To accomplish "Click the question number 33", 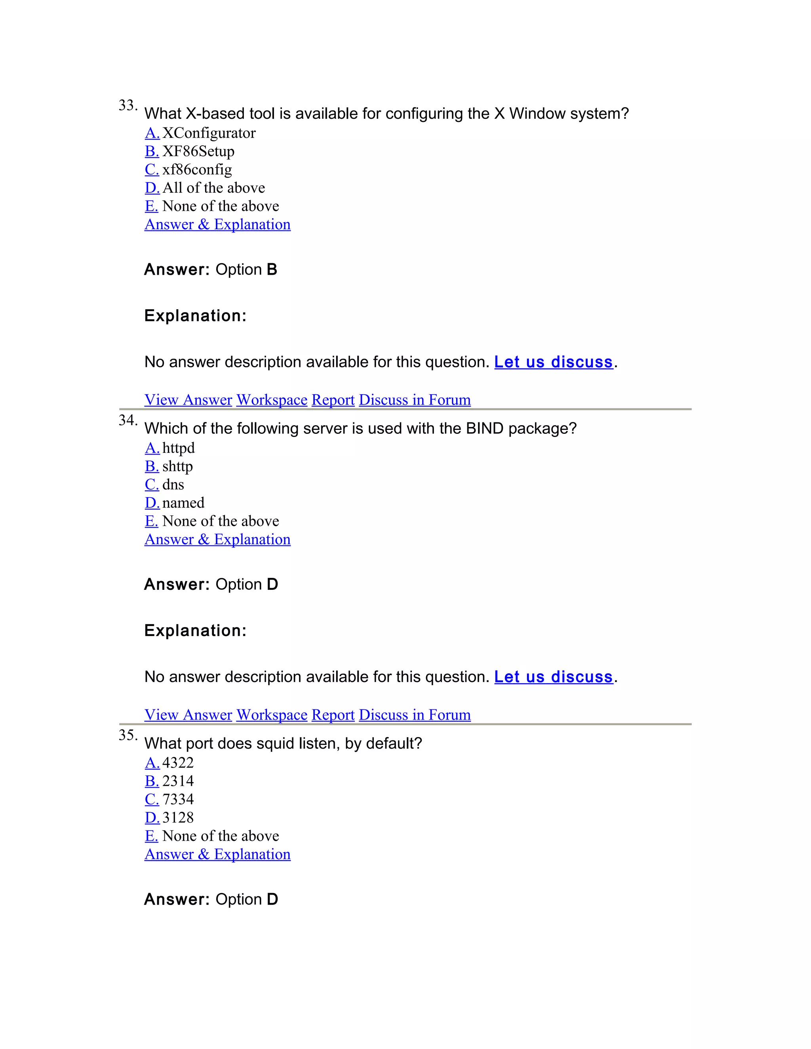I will point(128,105).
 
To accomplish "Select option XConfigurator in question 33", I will point(209,133).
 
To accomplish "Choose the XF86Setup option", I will point(198,151).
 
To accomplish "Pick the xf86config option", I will point(197,169).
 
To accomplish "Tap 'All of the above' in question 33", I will point(213,188).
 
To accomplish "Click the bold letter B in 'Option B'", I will point(272,270).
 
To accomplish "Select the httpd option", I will point(178,448).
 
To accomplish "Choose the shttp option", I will point(177,466).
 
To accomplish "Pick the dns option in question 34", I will point(173,485).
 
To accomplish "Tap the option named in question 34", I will point(183,503).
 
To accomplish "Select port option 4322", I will point(178,763).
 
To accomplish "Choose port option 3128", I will point(178,817).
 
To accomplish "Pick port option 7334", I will point(178,799).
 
